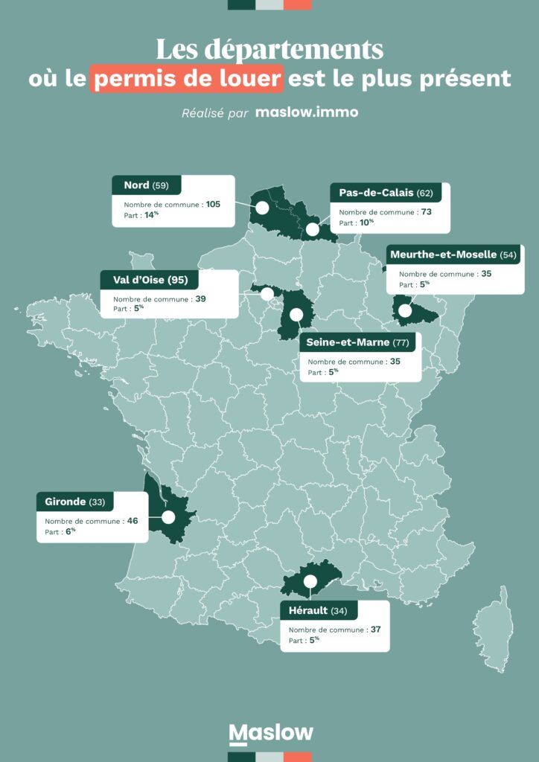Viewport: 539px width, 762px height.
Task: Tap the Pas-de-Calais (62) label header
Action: [386, 192]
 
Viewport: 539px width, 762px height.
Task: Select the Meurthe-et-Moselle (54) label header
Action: [453, 254]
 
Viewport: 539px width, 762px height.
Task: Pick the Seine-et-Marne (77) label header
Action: [357, 342]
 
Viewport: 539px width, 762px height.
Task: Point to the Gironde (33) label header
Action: [74, 502]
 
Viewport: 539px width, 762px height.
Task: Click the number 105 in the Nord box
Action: [213, 204]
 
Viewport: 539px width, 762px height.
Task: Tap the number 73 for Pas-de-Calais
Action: [426, 211]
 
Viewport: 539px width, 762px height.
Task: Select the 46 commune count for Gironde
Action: [133, 521]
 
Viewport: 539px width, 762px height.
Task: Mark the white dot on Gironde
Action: [168, 517]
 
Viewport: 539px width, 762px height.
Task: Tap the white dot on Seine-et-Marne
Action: [296, 315]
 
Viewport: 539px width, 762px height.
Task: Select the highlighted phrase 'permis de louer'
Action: [187, 78]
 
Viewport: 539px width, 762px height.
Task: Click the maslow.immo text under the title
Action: [307, 112]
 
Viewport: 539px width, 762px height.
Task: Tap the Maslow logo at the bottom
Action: [270, 734]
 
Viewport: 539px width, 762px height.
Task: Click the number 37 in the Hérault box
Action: [375, 630]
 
